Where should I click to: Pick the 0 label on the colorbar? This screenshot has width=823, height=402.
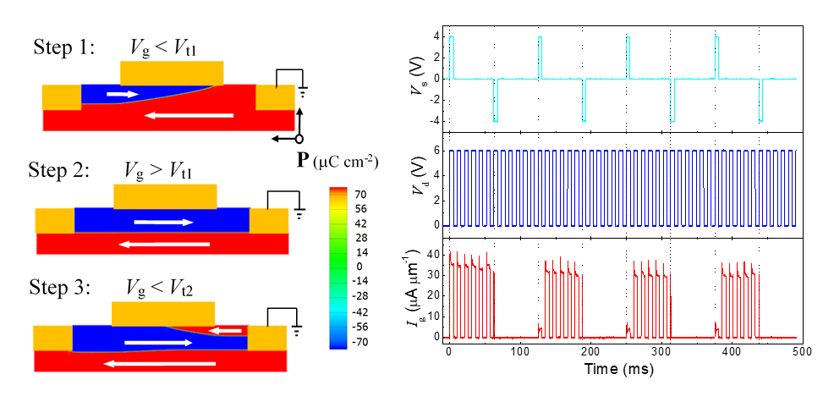(359, 266)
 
